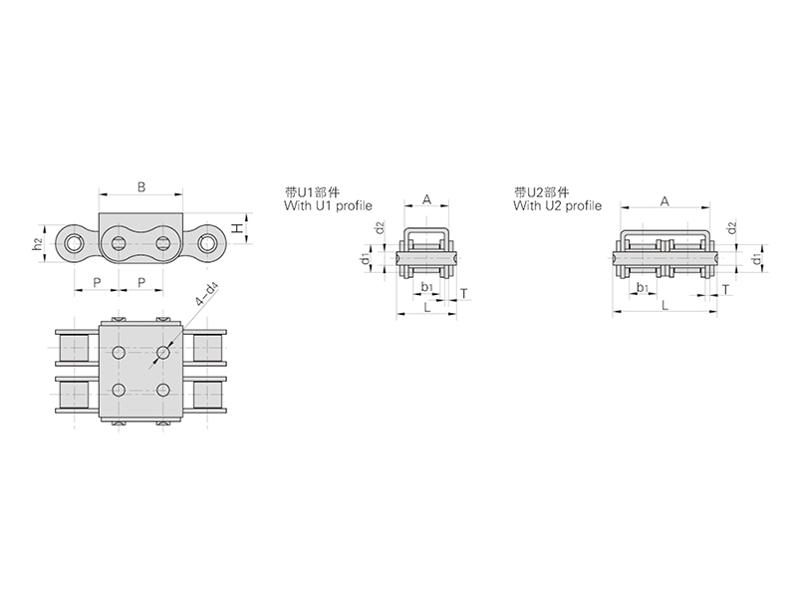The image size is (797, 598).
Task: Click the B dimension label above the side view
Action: tap(141, 187)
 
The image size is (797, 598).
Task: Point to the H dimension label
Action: tap(237, 229)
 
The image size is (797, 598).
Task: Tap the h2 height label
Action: tap(37, 244)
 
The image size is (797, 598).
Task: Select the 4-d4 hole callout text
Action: tap(206, 295)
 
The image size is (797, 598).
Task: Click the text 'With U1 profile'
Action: tap(328, 206)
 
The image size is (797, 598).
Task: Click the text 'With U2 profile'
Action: tap(557, 206)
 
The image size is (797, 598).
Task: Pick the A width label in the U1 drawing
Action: tap(427, 199)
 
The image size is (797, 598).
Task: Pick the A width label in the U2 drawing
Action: tap(664, 201)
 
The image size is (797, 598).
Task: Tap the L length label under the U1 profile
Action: tap(427, 307)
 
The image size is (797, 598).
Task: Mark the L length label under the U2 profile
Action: tap(664, 305)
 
